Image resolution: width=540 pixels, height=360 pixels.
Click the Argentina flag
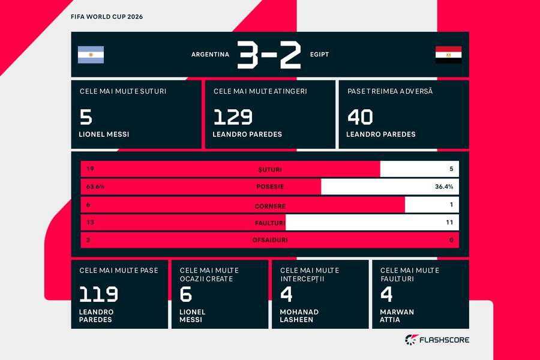point(91,55)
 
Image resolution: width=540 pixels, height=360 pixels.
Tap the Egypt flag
point(448,55)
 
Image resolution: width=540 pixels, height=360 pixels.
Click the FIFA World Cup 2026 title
point(107,17)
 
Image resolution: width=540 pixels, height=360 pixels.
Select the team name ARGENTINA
point(210,55)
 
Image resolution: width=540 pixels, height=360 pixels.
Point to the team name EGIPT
point(319,55)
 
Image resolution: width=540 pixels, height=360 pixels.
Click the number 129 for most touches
point(233,117)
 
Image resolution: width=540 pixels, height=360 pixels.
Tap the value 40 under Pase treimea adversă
point(360,117)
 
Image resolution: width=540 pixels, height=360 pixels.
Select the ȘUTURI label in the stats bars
point(270,169)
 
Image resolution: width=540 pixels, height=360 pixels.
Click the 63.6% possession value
point(95,187)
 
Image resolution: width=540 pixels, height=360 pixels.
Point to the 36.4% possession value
point(444,187)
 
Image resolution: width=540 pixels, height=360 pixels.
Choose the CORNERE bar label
point(270,206)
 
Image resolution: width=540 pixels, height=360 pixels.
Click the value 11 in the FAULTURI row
point(449,223)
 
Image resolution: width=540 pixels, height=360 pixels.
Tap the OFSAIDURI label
point(270,240)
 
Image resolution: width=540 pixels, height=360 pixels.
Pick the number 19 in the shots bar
point(90,169)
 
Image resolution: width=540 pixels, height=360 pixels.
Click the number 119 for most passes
point(99,295)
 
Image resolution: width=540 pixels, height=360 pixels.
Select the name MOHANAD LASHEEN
point(299,316)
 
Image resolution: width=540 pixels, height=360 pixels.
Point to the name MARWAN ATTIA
point(397,316)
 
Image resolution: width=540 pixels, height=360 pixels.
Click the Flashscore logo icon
point(412,340)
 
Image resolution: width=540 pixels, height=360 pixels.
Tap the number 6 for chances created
point(186,295)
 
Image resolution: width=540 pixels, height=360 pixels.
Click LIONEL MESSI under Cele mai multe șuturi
point(104,134)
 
